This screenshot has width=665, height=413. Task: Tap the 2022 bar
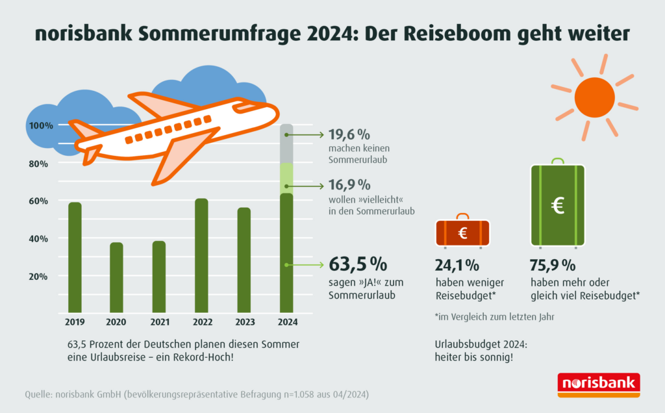(201, 256)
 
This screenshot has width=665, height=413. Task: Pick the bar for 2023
(244, 260)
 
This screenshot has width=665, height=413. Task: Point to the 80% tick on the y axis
(38, 164)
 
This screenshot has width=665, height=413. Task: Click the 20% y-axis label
(38, 276)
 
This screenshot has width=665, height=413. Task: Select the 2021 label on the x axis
(159, 321)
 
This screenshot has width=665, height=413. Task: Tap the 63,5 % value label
(358, 264)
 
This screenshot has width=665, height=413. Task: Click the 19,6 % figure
(349, 135)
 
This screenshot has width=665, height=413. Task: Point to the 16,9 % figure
(349, 185)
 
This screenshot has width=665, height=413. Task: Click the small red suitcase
(462, 233)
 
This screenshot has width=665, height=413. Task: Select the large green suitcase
(558, 205)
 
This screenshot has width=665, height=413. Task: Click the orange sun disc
(594, 96)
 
